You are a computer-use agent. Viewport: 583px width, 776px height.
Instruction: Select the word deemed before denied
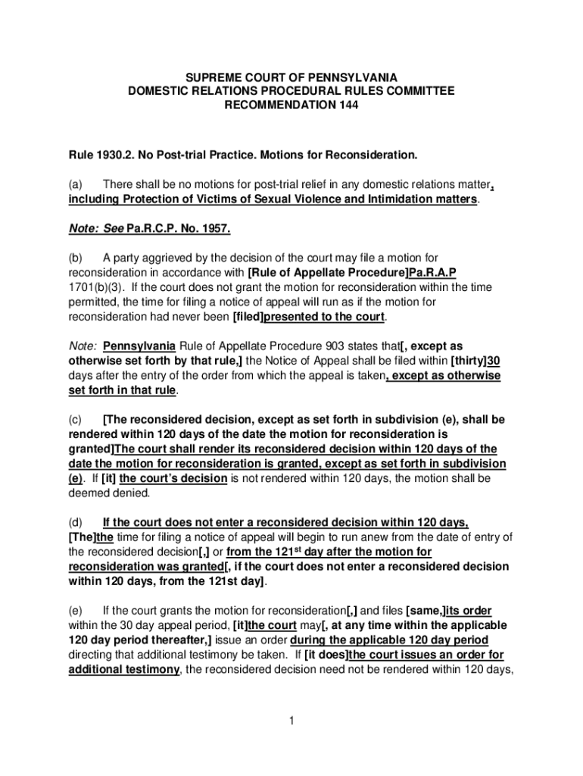tap(89, 493)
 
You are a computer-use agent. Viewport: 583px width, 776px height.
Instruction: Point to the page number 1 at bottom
tap(291, 720)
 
